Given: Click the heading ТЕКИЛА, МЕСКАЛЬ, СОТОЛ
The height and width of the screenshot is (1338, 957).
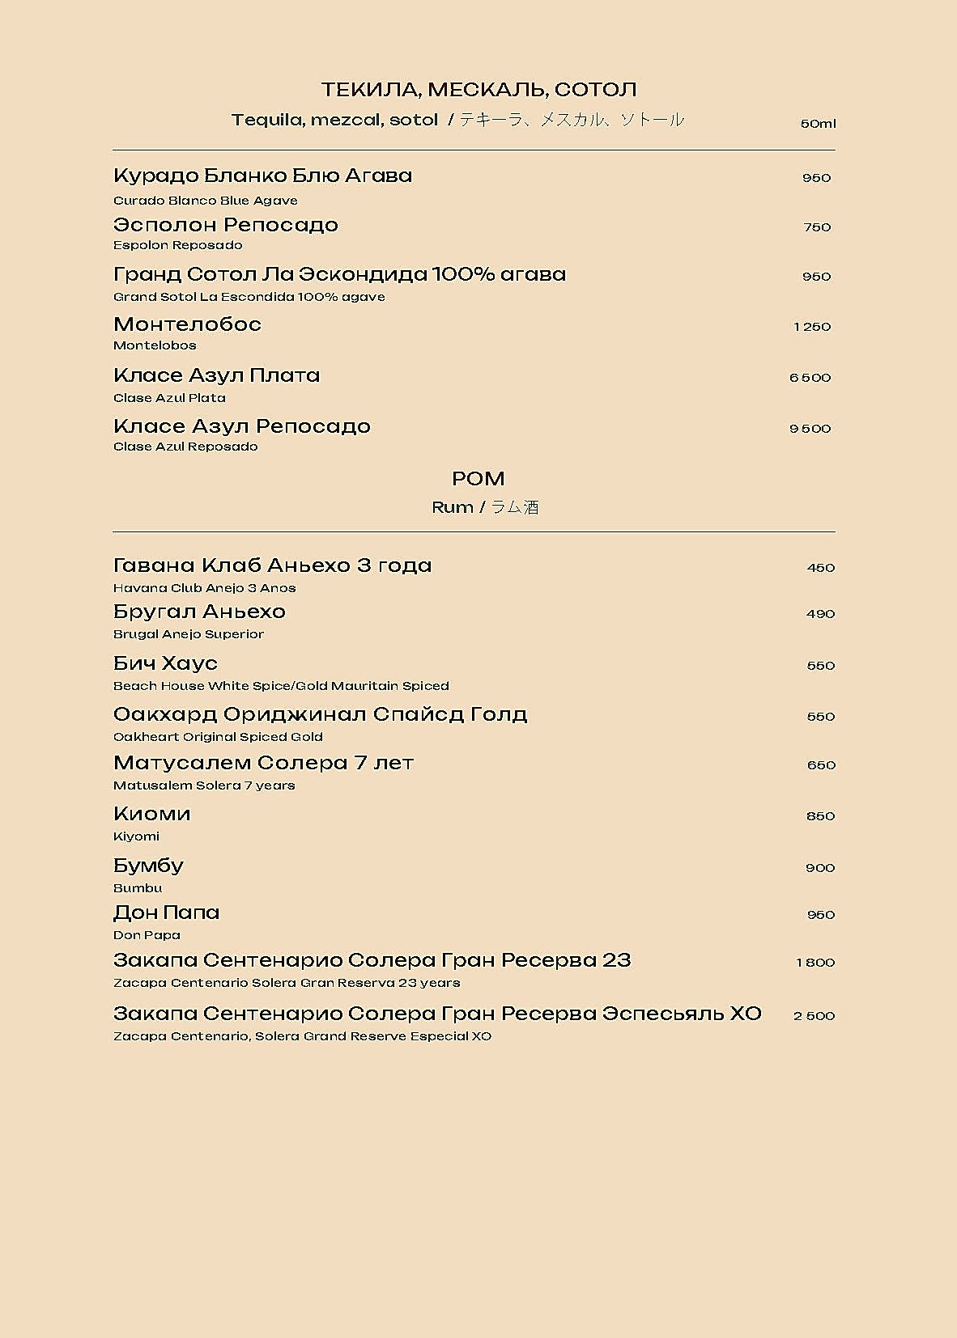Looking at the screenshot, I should (x=478, y=89).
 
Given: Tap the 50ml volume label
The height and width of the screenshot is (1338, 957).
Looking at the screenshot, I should (x=818, y=124).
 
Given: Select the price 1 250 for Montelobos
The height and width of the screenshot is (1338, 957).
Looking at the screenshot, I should (x=812, y=327).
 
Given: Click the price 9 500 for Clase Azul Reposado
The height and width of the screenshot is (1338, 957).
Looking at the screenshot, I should (x=810, y=429).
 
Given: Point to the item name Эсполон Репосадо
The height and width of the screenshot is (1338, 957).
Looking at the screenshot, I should (x=226, y=225).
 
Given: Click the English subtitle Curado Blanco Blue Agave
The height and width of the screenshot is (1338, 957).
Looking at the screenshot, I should (x=206, y=201).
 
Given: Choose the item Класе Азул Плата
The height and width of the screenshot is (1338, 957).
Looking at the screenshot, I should (x=217, y=375).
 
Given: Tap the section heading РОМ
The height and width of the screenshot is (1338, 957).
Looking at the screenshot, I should (x=478, y=479).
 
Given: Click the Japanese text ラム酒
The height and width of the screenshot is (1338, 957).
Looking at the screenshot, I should (x=515, y=507).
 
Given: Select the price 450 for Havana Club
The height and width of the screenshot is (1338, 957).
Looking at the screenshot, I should (x=821, y=568).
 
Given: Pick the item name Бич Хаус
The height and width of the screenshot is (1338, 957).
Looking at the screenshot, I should (x=166, y=663).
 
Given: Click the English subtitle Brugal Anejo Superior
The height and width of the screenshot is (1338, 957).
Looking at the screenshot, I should (x=189, y=634).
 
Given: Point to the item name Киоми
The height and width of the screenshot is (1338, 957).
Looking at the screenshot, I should (x=152, y=814).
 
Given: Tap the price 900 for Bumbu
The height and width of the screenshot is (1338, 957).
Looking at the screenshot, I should (x=820, y=868).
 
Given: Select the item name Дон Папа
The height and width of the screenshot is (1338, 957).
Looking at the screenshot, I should (x=167, y=912).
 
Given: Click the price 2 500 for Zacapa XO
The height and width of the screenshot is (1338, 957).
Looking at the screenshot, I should (x=814, y=1016).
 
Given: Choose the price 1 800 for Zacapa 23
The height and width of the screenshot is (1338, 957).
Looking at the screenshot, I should (x=815, y=963).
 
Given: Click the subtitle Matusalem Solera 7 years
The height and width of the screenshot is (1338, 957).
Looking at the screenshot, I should (x=204, y=785).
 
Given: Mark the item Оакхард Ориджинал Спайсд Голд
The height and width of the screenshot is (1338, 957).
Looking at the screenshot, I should (x=321, y=714).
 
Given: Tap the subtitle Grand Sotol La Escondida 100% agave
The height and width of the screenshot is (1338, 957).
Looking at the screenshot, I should (x=249, y=297).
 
